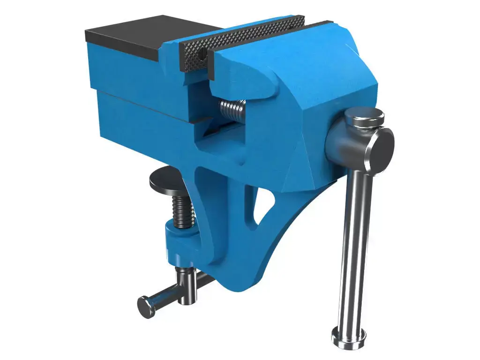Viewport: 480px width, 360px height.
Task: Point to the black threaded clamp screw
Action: pyautogui.click(x=184, y=211)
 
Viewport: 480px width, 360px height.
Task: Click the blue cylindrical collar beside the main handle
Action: pyautogui.click(x=337, y=141)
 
